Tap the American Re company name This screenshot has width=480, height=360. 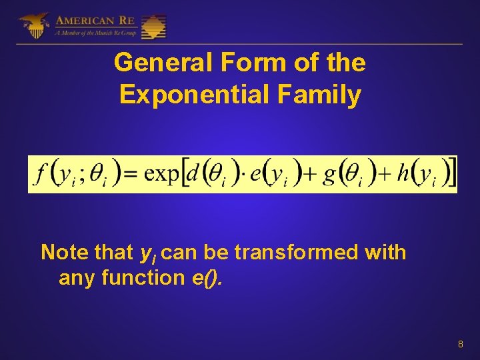pyautogui.click(x=95, y=20)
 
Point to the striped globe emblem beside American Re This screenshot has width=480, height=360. pyautogui.click(x=153, y=27)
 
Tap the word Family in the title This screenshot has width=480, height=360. pyautogui.click(x=324, y=95)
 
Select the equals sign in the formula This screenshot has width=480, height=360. pyautogui.click(x=132, y=175)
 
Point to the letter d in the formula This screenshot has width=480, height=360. pyautogui.click(x=193, y=173)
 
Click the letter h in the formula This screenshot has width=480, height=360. pyautogui.click(x=403, y=173)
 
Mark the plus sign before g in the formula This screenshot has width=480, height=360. pyautogui.click(x=309, y=175)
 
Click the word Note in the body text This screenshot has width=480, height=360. pyautogui.click(x=64, y=253)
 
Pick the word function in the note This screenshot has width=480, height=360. pyautogui.click(x=141, y=277)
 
